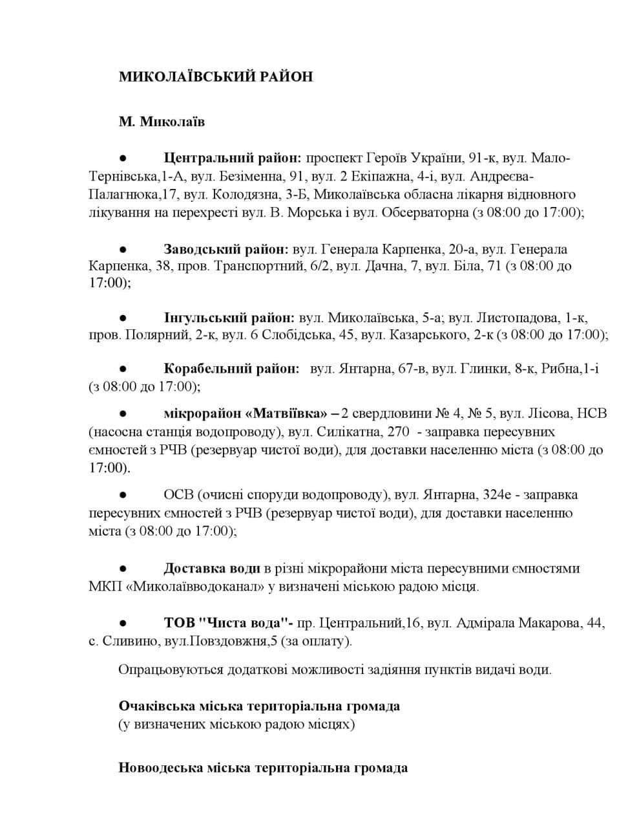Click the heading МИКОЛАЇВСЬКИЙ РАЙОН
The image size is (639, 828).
(215, 76)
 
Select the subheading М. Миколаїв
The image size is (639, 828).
(162, 121)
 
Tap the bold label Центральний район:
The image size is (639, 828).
(233, 158)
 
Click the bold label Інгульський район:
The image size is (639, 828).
(229, 318)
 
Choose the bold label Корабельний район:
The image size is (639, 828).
(231, 369)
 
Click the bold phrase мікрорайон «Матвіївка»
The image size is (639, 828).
(246, 413)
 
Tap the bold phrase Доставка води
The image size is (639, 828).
(212, 569)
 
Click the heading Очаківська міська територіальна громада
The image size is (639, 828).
(259, 706)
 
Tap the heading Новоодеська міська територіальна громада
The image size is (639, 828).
(263, 768)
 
